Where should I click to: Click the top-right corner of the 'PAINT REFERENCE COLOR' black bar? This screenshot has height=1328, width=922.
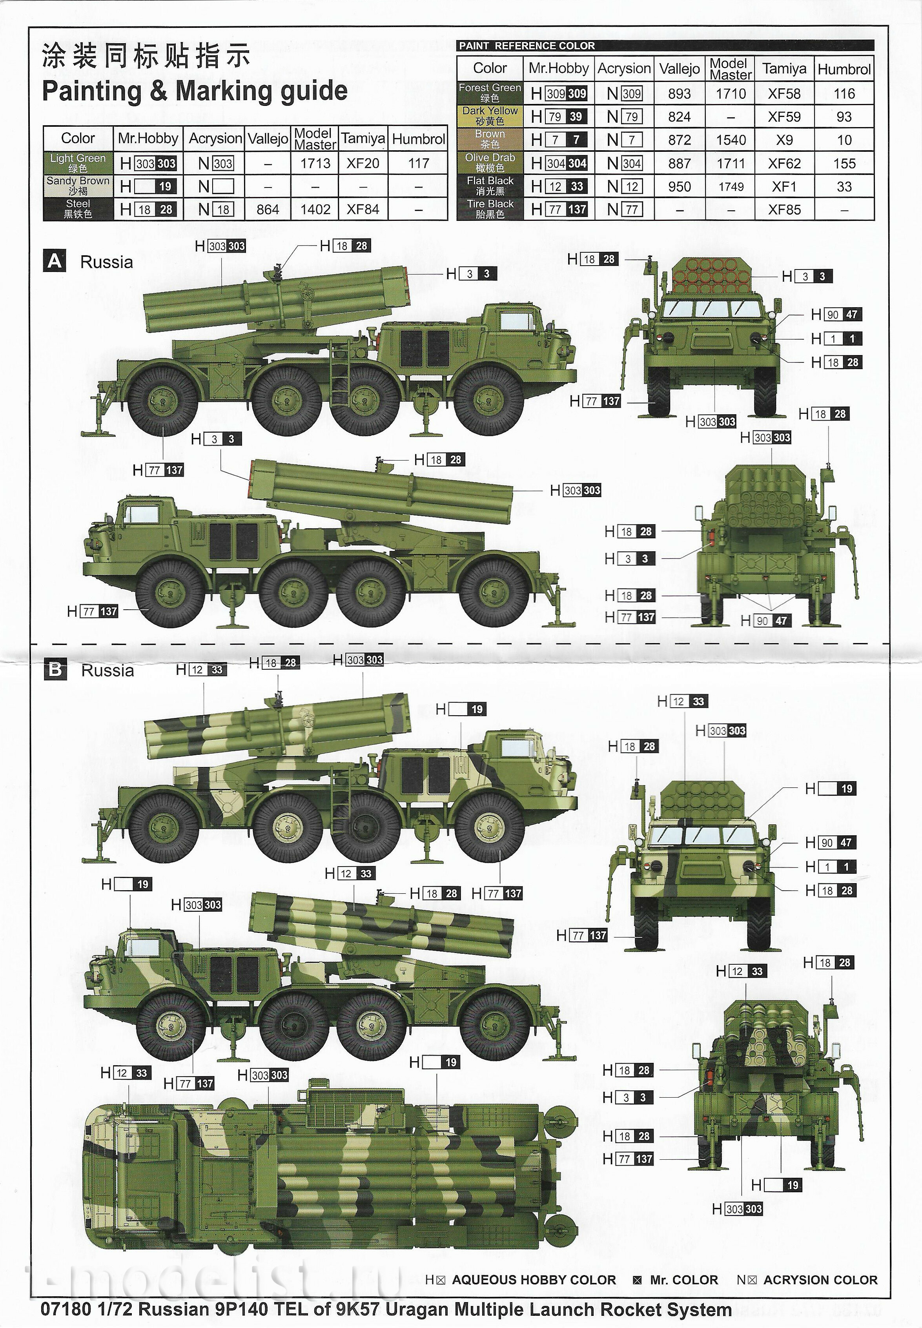coord(874,40)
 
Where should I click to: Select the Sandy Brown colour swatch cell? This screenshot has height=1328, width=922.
coord(78,186)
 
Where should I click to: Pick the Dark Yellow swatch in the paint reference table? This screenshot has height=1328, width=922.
coord(490,116)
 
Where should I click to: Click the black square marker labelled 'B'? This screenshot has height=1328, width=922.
coord(55,669)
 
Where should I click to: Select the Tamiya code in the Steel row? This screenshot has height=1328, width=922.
coord(363,209)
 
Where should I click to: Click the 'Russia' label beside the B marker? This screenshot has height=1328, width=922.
coord(108,670)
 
